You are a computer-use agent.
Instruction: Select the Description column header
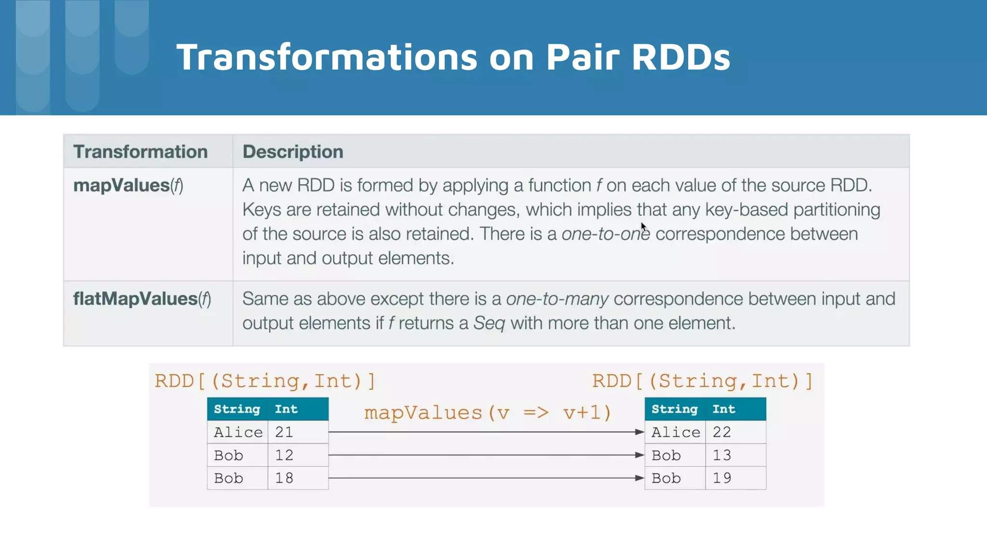[293, 152]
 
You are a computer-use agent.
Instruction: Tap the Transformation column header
[140, 152]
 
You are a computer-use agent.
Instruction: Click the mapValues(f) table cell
[128, 185]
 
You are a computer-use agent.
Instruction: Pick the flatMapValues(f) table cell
[142, 299]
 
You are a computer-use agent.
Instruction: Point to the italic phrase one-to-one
[605, 234]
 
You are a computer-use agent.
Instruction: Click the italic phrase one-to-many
[557, 299]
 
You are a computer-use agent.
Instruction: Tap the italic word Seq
[489, 323]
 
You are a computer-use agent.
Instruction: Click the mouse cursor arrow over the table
[643, 226]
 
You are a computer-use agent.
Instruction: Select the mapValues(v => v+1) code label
[487, 413]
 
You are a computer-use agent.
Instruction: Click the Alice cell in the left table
[238, 432]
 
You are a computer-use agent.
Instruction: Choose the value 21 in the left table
[284, 432]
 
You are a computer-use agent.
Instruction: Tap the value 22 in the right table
[721, 432]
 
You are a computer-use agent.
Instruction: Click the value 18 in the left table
[284, 478]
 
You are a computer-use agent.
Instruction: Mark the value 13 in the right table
[721, 455]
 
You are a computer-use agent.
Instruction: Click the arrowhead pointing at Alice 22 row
[640, 432]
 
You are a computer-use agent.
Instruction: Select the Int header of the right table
[724, 409]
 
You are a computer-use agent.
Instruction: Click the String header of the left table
[237, 409]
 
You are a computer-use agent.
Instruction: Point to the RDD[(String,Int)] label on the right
[702, 381]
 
